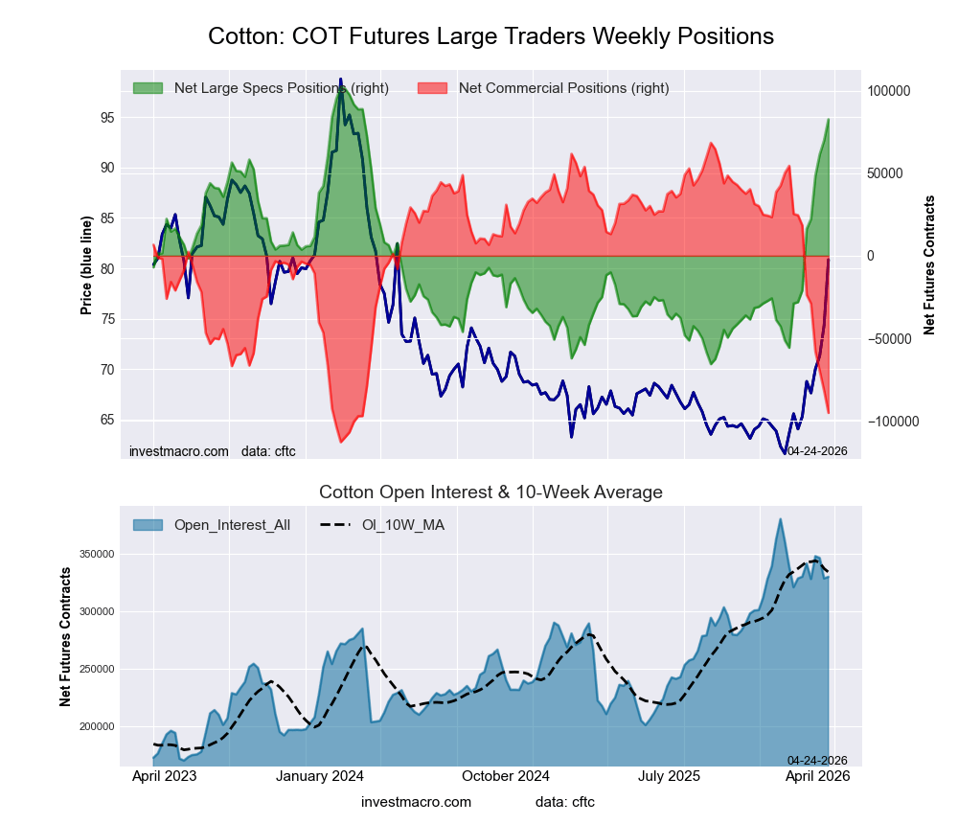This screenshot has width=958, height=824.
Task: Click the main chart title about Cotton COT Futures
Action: pos(490,36)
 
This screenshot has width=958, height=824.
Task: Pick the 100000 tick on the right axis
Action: pos(888,91)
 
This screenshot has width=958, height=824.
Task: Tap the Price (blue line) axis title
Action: pos(86,265)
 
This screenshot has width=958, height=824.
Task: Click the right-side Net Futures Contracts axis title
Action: pos(929,265)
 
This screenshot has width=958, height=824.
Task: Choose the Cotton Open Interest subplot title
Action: pos(490,492)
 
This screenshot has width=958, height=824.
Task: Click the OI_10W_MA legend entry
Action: pos(402,524)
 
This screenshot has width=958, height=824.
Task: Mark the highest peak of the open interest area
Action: pos(781,519)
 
